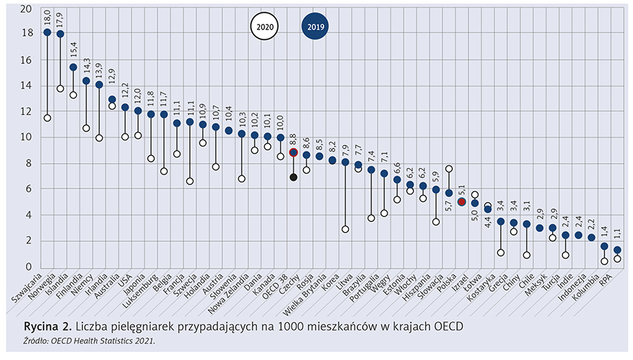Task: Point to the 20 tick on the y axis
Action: click(x=26, y=9)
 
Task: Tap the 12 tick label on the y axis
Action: click(x=26, y=112)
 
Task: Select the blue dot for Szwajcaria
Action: click(x=47, y=32)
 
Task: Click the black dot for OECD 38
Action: click(x=293, y=177)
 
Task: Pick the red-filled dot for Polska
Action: click(x=461, y=202)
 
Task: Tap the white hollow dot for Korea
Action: click(x=345, y=229)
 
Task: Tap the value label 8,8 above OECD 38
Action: click(x=293, y=139)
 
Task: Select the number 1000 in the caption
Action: click(x=293, y=328)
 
